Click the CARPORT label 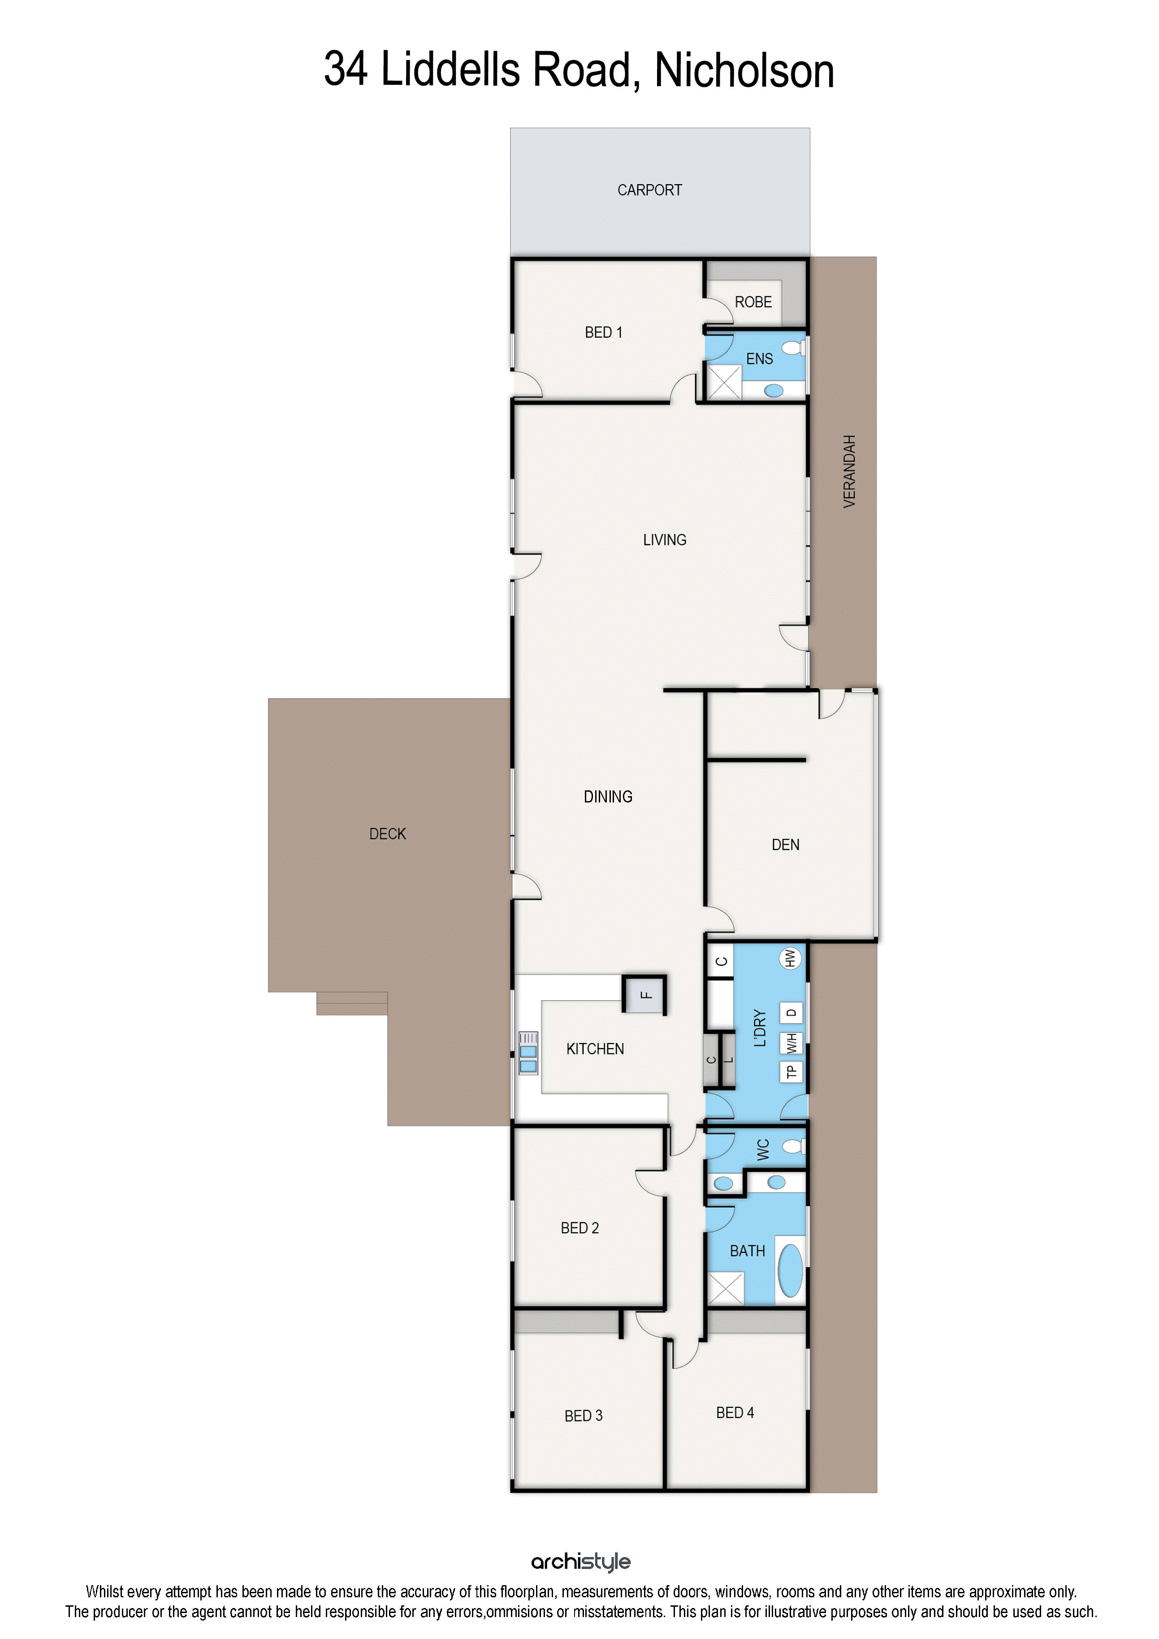pos(649,190)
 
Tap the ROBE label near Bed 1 pos(753,302)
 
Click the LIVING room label pos(664,540)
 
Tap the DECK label pos(388,834)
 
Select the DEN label pos(785,845)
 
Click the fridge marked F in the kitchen pos(644,994)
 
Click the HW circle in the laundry pos(790,958)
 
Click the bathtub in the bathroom pos(790,1270)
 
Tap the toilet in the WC pos(792,1146)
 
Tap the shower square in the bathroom pos(725,1288)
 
